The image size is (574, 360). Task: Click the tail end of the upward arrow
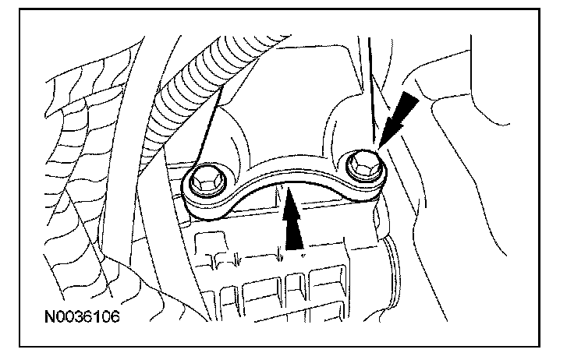(293, 248)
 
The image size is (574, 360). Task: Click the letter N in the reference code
(49, 318)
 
